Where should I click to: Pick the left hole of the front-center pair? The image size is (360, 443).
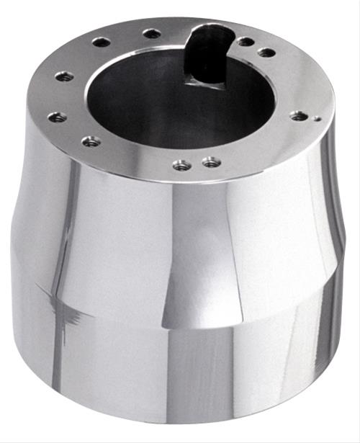[181, 165]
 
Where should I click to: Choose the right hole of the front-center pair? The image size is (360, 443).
[210, 162]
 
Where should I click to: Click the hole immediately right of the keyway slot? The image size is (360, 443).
[246, 42]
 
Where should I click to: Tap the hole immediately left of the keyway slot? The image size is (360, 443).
[152, 33]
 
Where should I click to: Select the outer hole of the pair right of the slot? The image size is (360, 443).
[266, 52]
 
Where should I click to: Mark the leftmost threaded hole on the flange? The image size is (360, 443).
[57, 116]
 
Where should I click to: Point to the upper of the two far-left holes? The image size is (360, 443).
[65, 76]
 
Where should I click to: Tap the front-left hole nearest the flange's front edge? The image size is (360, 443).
[91, 141]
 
